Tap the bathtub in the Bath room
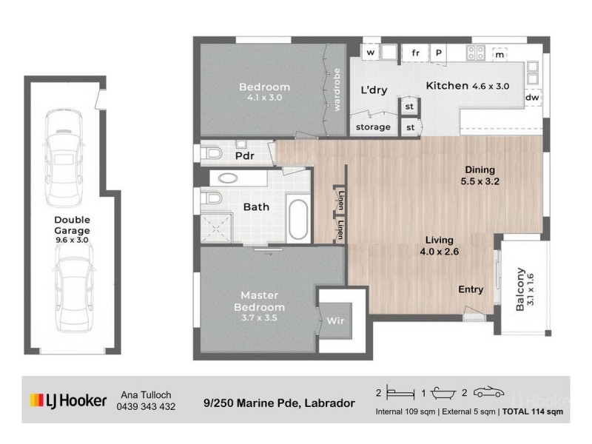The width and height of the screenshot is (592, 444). [298, 218]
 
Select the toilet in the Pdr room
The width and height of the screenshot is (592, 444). [212, 154]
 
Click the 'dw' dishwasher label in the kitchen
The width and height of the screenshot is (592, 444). [531, 98]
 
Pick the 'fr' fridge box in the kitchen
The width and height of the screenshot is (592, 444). [415, 53]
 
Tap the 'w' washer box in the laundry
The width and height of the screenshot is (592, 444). [370, 53]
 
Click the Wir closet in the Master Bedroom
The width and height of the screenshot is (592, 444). [334, 320]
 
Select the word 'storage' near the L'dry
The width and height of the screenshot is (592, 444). [373, 127]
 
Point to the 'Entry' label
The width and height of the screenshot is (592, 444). [471, 289]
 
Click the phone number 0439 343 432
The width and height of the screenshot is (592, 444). [147, 406]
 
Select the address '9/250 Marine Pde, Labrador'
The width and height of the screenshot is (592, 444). [279, 404]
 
